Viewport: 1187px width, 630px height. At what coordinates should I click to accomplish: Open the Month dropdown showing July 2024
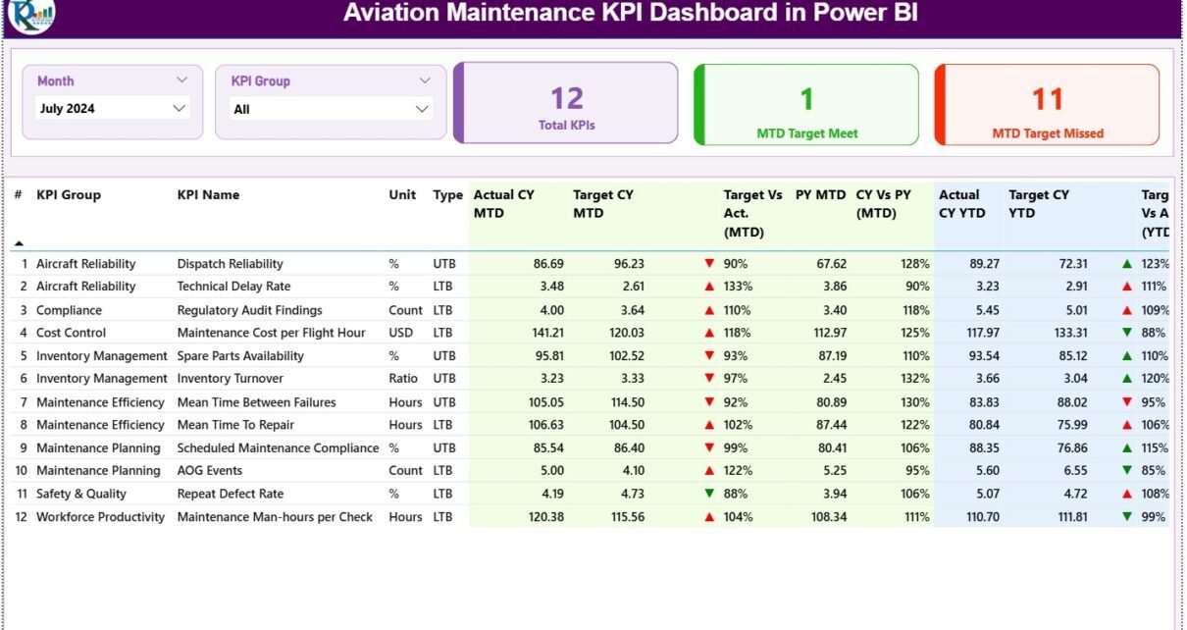pos(111,108)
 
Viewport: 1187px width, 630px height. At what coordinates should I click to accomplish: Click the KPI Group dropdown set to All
pos(332,109)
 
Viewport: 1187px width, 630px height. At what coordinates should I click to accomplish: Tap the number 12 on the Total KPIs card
pos(567,98)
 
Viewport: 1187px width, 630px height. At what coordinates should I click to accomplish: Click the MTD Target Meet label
pos(806,133)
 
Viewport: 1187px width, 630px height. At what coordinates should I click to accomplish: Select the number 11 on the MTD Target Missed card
pos(1048,98)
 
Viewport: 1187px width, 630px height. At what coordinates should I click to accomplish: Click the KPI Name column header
pos(208,194)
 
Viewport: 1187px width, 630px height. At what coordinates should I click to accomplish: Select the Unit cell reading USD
pos(402,333)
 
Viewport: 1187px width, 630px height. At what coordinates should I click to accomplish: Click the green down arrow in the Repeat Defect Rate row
pos(709,494)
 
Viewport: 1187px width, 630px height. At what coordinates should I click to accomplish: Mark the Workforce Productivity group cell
pos(101,517)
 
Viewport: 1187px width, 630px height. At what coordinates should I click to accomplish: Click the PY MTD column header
pos(820,195)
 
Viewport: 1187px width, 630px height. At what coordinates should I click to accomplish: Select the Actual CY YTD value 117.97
pos(979,333)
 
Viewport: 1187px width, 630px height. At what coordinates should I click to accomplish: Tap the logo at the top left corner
pos(30,14)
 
